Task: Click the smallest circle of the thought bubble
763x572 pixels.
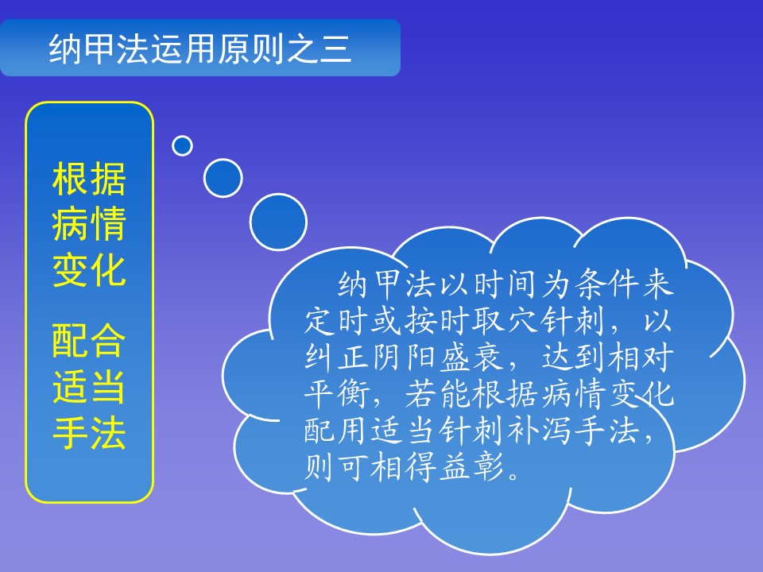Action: coord(182,145)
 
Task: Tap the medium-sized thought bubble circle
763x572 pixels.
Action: coord(223,177)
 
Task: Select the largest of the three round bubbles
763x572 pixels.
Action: coord(278,222)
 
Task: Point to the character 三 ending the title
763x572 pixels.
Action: coord(335,49)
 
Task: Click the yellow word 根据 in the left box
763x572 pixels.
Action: coord(89,179)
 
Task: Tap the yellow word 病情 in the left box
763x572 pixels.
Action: coord(89,223)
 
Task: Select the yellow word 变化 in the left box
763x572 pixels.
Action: coord(89,269)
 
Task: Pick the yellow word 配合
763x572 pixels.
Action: coord(89,340)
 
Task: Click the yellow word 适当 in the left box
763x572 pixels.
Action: coord(89,386)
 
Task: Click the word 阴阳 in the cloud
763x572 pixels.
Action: coord(404,357)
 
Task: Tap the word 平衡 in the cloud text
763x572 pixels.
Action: coord(335,393)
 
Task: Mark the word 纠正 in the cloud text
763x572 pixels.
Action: coord(335,357)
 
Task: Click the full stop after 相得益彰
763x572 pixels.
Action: coord(513,475)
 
